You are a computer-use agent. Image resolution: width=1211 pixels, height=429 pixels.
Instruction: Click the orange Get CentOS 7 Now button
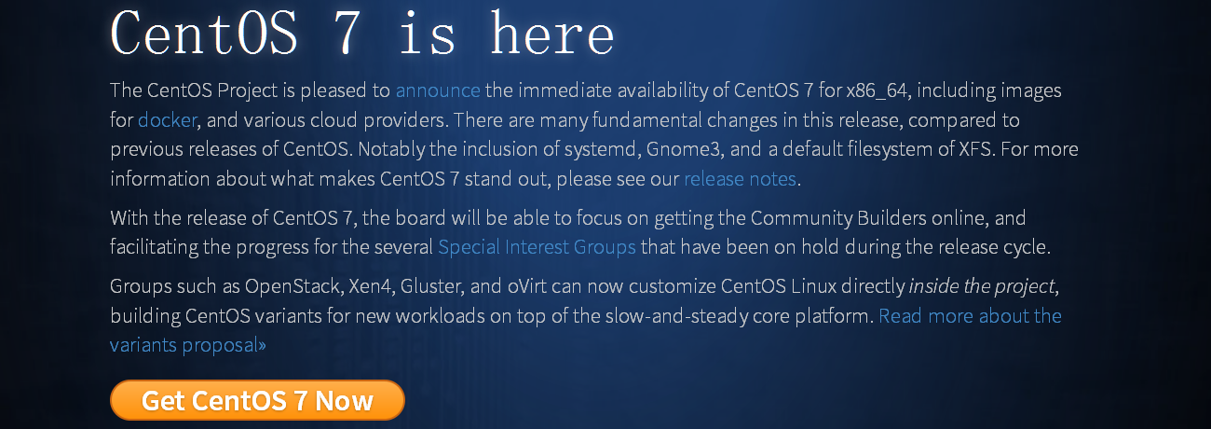point(257,400)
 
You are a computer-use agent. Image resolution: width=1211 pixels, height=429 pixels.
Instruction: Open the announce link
point(438,90)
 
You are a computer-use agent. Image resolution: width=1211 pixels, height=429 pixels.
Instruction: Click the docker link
point(167,119)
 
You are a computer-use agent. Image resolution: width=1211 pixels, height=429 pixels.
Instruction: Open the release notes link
point(741,179)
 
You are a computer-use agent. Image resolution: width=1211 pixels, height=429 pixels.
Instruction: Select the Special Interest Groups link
point(537,247)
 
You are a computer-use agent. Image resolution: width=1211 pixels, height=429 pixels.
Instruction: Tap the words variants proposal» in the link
point(187,345)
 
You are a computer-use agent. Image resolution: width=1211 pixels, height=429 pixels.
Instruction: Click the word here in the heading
point(552,34)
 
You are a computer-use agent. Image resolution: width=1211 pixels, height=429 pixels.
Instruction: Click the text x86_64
point(877,90)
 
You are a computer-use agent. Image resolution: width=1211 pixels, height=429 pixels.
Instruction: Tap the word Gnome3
point(685,149)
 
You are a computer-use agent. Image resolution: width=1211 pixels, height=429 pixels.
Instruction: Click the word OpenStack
point(293,286)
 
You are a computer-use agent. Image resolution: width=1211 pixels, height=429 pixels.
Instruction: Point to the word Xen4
point(370,286)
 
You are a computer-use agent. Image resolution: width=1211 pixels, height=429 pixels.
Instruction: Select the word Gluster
point(431,286)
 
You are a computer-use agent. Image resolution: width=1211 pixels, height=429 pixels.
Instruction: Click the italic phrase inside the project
point(982,286)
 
